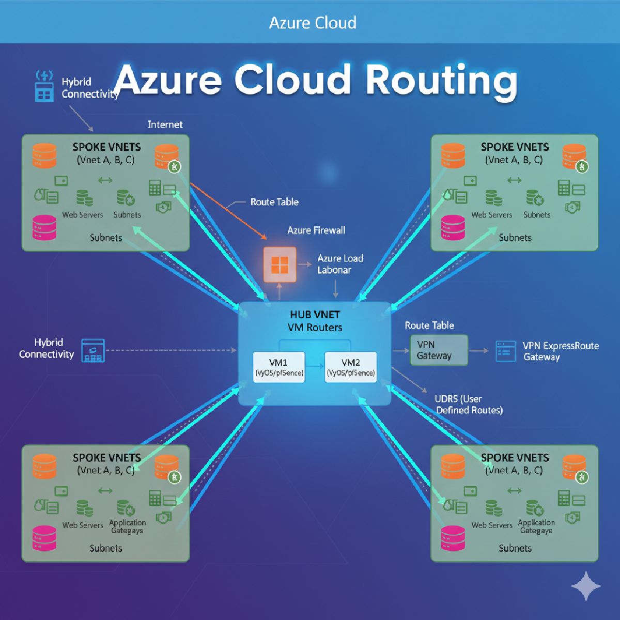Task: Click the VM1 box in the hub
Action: pos(279,367)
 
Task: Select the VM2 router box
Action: pos(351,367)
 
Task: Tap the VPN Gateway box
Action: pos(439,350)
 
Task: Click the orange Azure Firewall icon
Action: pos(280,265)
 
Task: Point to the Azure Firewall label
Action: pos(316,230)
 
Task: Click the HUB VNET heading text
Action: pos(315,315)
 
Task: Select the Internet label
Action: pos(165,125)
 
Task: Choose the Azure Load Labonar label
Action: pos(340,264)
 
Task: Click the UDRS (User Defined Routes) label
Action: pos(469,405)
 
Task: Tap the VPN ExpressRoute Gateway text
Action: pos(561,351)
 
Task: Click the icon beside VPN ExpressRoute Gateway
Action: pos(505,351)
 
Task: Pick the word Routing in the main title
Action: pos(441,80)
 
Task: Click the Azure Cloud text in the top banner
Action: pos(313,23)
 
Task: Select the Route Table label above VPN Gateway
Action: pos(429,326)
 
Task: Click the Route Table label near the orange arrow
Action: pos(274,202)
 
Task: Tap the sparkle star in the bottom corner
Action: pos(586,586)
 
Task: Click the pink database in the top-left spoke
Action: pos(44,228)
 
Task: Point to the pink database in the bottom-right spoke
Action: pos(453,538)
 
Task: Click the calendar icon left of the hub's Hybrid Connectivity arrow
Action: pos(93,350)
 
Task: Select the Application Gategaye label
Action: pos(536,526)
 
